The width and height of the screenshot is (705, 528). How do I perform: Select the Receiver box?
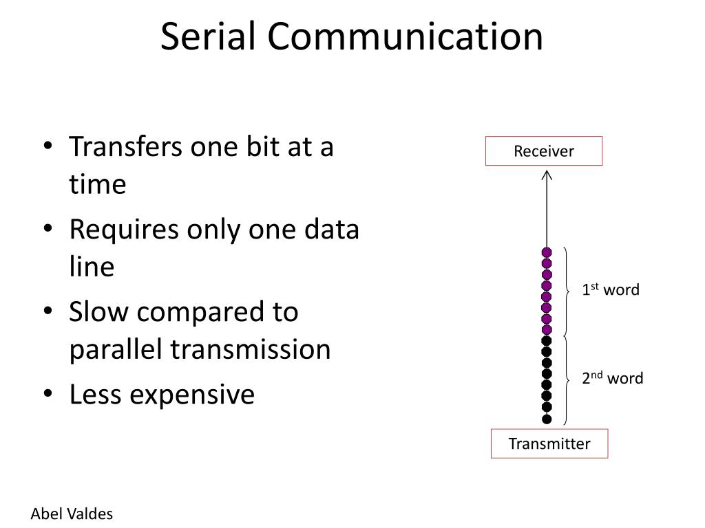(544, 151)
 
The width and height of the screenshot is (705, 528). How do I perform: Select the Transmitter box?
(549, 443)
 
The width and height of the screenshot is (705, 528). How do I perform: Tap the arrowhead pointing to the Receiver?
(547, 175)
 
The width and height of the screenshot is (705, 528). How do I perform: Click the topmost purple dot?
(547, 252)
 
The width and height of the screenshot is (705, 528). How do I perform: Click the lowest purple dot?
(547, 329)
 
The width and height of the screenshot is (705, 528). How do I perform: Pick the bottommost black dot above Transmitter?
(547, 419)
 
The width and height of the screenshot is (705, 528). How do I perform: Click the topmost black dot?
(547, 340)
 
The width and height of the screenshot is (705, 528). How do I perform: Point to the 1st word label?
(611, 289)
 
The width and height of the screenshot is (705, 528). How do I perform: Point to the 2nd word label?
(613, 377)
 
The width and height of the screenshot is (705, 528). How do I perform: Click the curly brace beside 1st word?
(567, 291)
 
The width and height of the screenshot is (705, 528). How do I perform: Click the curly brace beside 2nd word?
(567, 379)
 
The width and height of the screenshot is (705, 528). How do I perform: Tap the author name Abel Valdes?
(72, 514)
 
